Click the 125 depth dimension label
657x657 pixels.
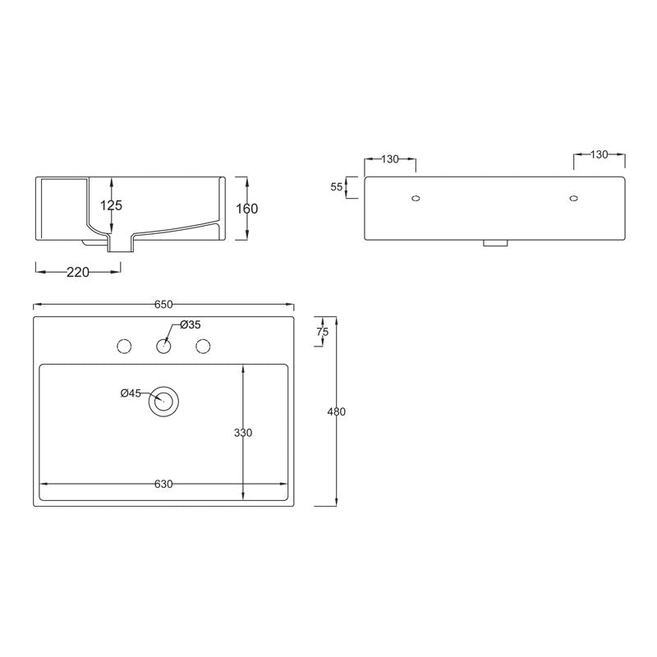(111, 205)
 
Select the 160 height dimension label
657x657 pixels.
(246, 209)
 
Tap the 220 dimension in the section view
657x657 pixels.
(77, 273)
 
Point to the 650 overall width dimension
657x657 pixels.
(163, 305)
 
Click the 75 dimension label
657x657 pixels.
(322, 332)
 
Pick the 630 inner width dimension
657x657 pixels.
(163, 484)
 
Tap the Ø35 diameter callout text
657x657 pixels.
(190, 325)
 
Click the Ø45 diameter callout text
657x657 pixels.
(131, 393)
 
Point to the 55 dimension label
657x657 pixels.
(337, 186)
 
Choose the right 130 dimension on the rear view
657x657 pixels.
(600, 154)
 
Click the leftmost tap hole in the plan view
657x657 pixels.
(125, 346)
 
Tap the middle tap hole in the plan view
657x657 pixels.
(163, 346)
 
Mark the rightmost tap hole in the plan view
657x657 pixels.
(202, 346)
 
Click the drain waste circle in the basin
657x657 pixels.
(163, 402)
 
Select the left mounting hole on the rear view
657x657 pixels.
(416, 198)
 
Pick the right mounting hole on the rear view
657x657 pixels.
(573, 198)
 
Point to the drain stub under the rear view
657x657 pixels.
(494, 244)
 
